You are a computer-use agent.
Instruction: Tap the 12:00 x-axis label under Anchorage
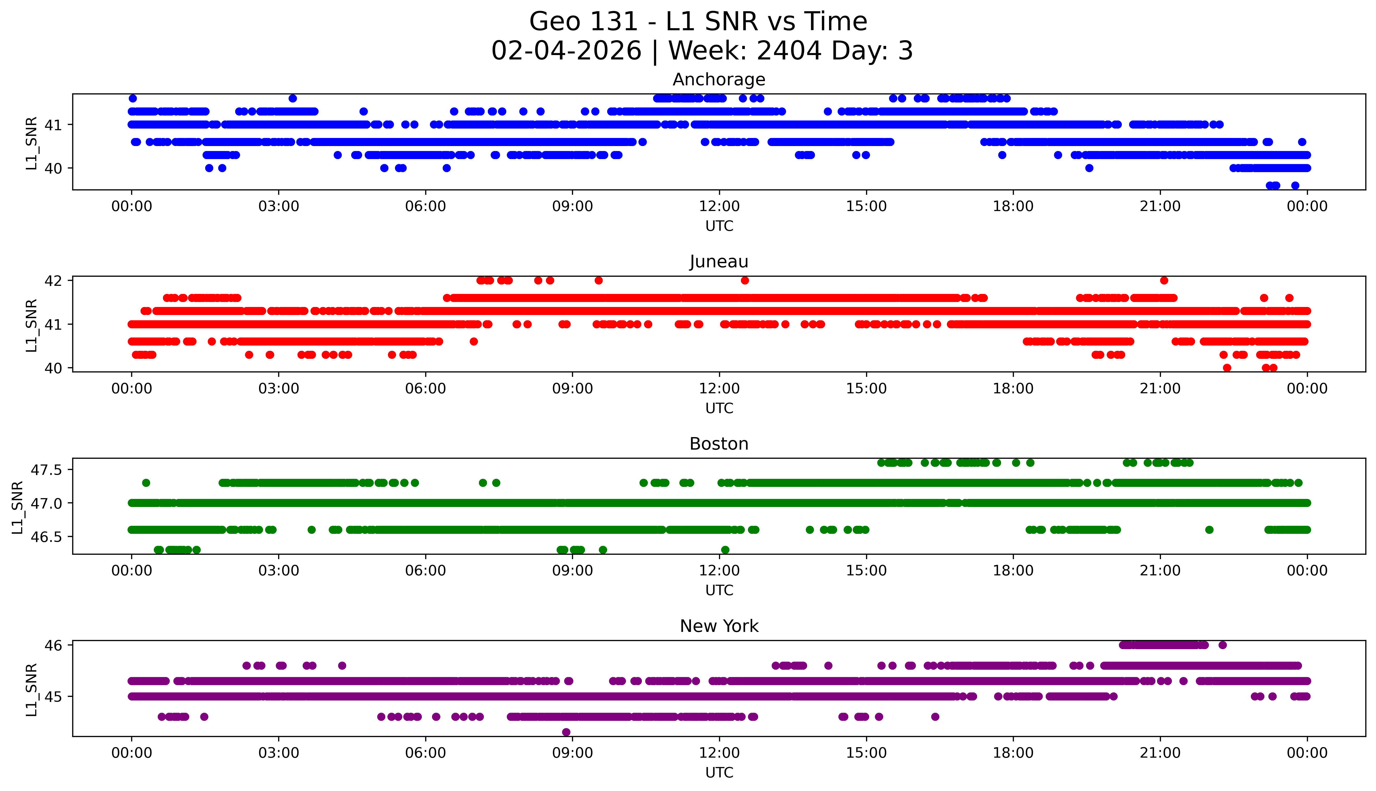(x=719, y=207)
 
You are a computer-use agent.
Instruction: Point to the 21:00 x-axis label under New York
(x=1160, y=753)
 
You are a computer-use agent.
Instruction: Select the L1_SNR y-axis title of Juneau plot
(x=32, y=325)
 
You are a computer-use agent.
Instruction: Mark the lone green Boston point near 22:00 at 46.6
(x=1209, y=530)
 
